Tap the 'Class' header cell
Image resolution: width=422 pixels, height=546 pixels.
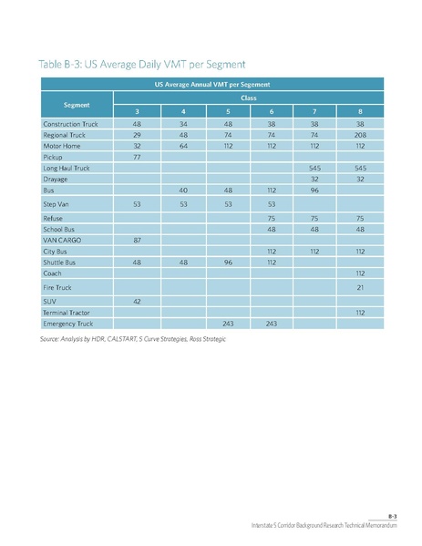tap(246, 96)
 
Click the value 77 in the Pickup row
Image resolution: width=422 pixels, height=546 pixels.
tap(137, 157)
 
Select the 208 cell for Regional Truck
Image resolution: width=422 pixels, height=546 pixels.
tap(360, 133)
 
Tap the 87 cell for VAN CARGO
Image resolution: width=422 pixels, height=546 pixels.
tap(137, 239)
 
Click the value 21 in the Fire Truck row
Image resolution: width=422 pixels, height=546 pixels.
tap(360, 287)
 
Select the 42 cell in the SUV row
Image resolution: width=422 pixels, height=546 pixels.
tap(137, 301)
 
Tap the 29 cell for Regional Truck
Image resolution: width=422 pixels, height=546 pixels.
tap(137, 133)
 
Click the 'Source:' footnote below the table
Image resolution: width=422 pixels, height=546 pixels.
tap(132, 338)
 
